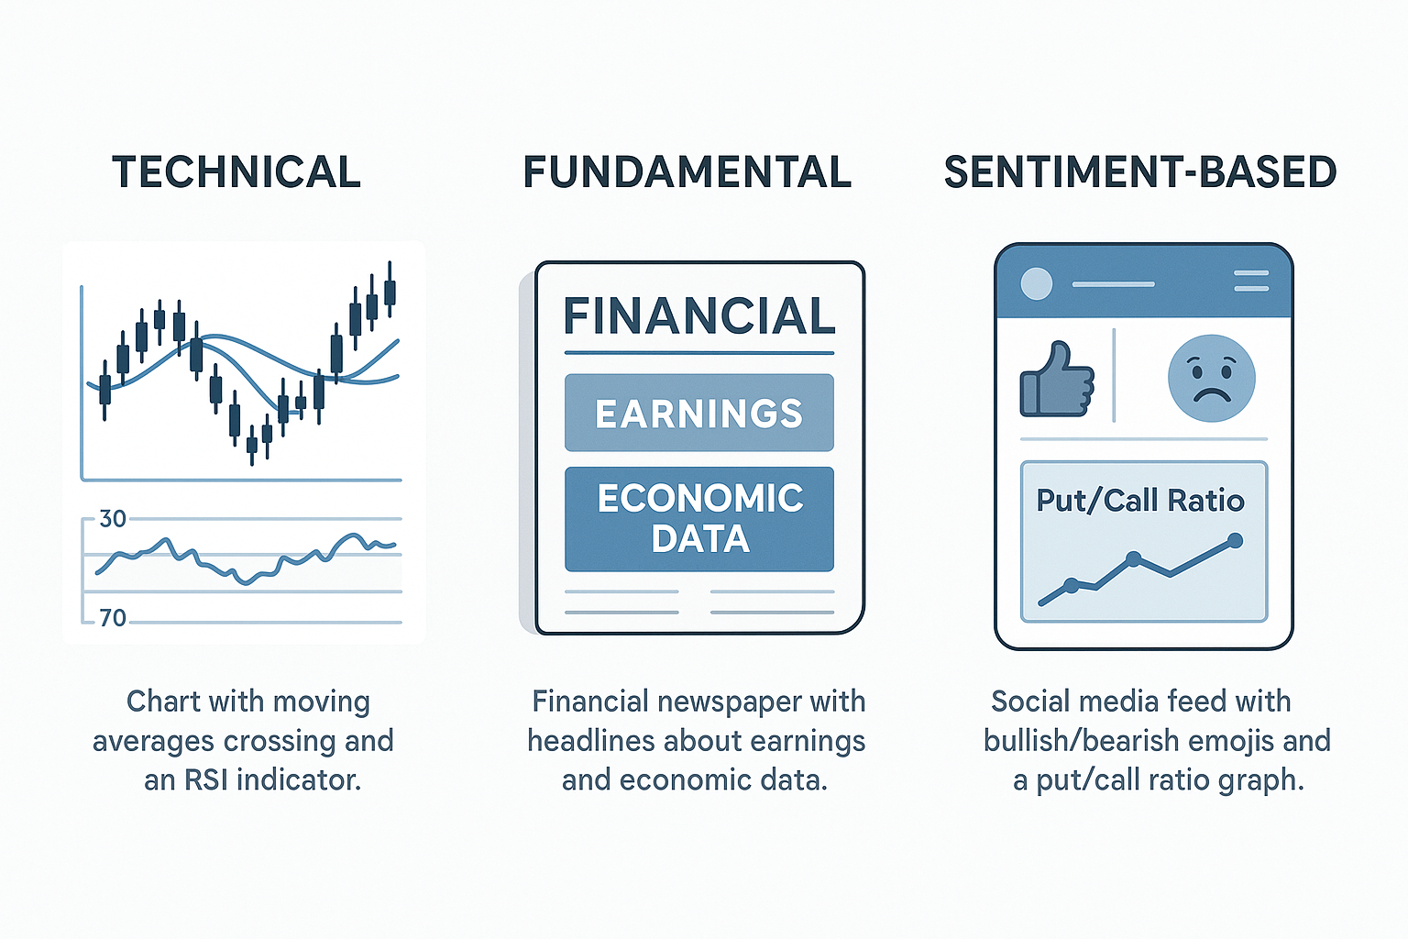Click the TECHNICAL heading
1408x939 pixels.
point(236,172)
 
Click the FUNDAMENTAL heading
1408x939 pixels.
point(687,172)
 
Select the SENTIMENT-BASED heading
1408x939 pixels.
point(1140,172)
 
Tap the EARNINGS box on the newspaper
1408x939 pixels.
point(699,413)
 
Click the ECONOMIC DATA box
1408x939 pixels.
point(699,519)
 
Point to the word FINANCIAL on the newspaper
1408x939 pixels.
point(699,315)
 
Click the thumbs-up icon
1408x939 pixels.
point(1057,379)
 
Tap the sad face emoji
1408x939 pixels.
point(1211,378)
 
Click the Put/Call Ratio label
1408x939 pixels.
point(1140,502)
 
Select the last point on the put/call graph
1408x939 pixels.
point(1235,541)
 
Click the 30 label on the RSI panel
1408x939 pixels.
point(113,519)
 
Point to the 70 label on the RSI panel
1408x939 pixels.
point(113,618)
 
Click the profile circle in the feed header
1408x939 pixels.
point(1037,283)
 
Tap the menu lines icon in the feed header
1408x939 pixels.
point(1251,281)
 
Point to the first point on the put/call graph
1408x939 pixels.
point(1072,586)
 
